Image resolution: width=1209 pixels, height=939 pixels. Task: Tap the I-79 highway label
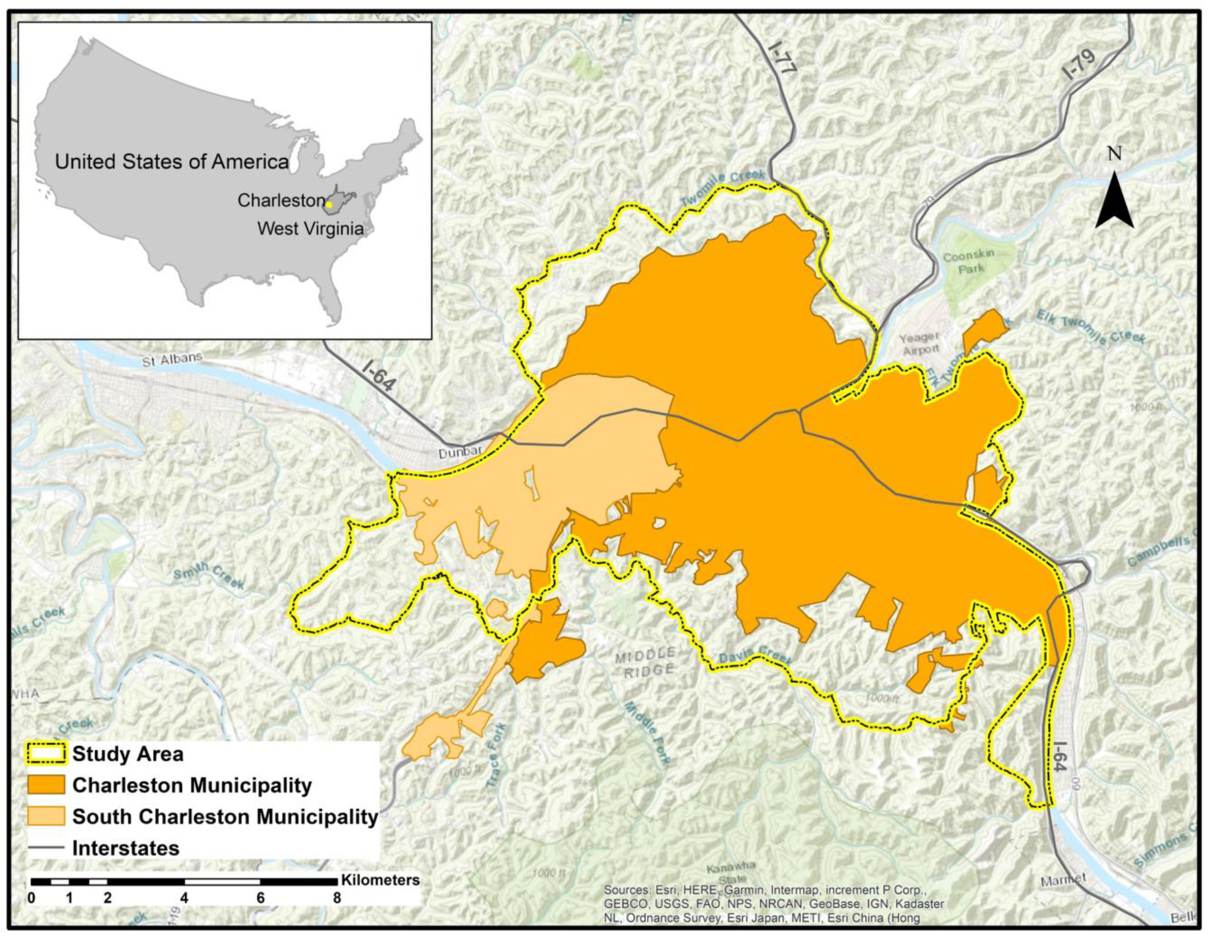[x=1079, y=66]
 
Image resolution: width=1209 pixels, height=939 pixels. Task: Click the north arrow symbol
[x=1115, y=199]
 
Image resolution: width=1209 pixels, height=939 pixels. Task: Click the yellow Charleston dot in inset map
[x=328, y=204]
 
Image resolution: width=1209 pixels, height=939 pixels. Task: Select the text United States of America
[x=172, y=162]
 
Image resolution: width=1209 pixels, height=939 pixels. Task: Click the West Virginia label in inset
[x=311, y=228]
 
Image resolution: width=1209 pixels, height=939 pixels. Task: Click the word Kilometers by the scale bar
[x=380, y=880]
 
